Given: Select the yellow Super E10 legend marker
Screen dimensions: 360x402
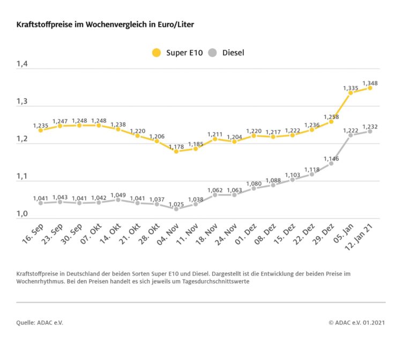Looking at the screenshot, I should point(157,52).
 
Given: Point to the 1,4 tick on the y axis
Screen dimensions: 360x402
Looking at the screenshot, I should point(21,64).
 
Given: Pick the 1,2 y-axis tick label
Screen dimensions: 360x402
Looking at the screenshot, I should point(21,139).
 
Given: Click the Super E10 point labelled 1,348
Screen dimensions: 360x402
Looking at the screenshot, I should point(370,88).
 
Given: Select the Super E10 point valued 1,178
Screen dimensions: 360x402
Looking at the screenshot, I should point(176,151).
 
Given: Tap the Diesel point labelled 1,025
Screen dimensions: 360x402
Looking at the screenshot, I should point(176,208).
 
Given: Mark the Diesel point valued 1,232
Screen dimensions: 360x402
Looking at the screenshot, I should point(370,131).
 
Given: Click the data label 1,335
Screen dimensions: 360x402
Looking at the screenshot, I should point(351,87).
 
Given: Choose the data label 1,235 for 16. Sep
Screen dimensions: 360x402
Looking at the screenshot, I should point(41,125).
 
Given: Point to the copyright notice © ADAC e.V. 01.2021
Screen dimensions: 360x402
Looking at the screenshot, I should point(357,322).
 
